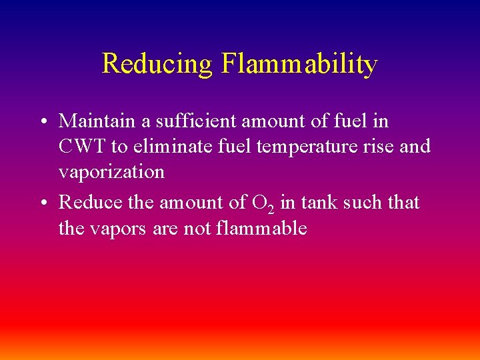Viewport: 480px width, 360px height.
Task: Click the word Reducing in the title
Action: pyautogui.click(x=157, y=64)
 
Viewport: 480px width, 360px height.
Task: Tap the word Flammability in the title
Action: pyautogui.click(x=299, y=64)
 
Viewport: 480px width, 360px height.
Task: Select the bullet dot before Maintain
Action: pyautogui.click(x=42, y=122)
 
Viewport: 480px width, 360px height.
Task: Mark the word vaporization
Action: pyautogui.click(x=111, y=172)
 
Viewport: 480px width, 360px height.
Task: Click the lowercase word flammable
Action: pyautogui.click(x=261, y=228)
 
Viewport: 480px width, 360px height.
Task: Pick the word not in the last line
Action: pyautogui.click(x=197, y=229)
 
